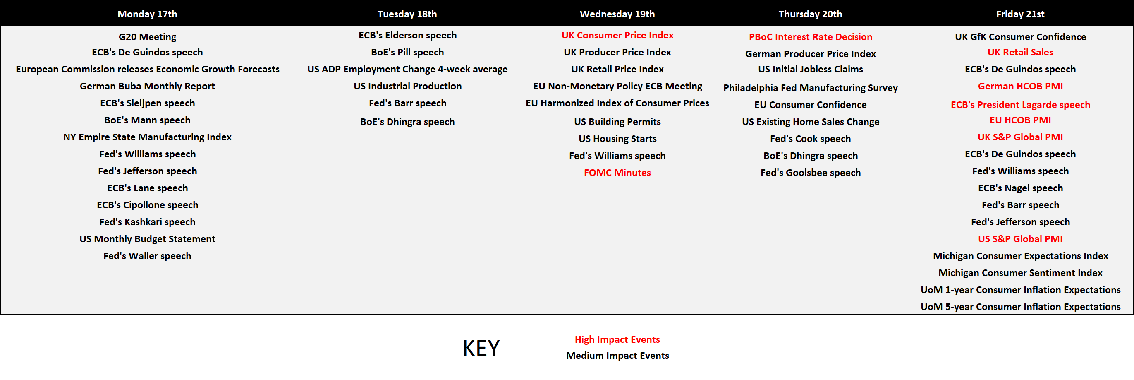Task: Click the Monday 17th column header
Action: (147, 14)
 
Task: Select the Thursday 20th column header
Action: (810, 14)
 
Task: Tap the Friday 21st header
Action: (1020, 14)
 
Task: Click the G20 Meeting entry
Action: (147, 37)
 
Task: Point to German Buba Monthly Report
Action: (147, 87)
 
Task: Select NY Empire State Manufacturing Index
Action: (147, 137)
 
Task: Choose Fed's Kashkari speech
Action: (147, 222)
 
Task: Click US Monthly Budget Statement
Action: (147, 239)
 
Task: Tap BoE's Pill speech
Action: (407, 53)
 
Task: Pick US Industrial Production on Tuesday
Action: (407, 87)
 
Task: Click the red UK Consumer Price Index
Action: (617, 35)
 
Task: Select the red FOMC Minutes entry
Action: (617, 173)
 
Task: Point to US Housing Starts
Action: (617, 139)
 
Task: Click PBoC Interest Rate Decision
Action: (810, 37)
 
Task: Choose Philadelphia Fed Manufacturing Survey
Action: (810, 88)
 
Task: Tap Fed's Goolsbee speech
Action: (810, 173)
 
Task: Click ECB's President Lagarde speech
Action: (1020, 105)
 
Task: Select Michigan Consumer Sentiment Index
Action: (1020, 273)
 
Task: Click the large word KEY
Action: (481, 348)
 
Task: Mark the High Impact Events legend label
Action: (617, 339)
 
